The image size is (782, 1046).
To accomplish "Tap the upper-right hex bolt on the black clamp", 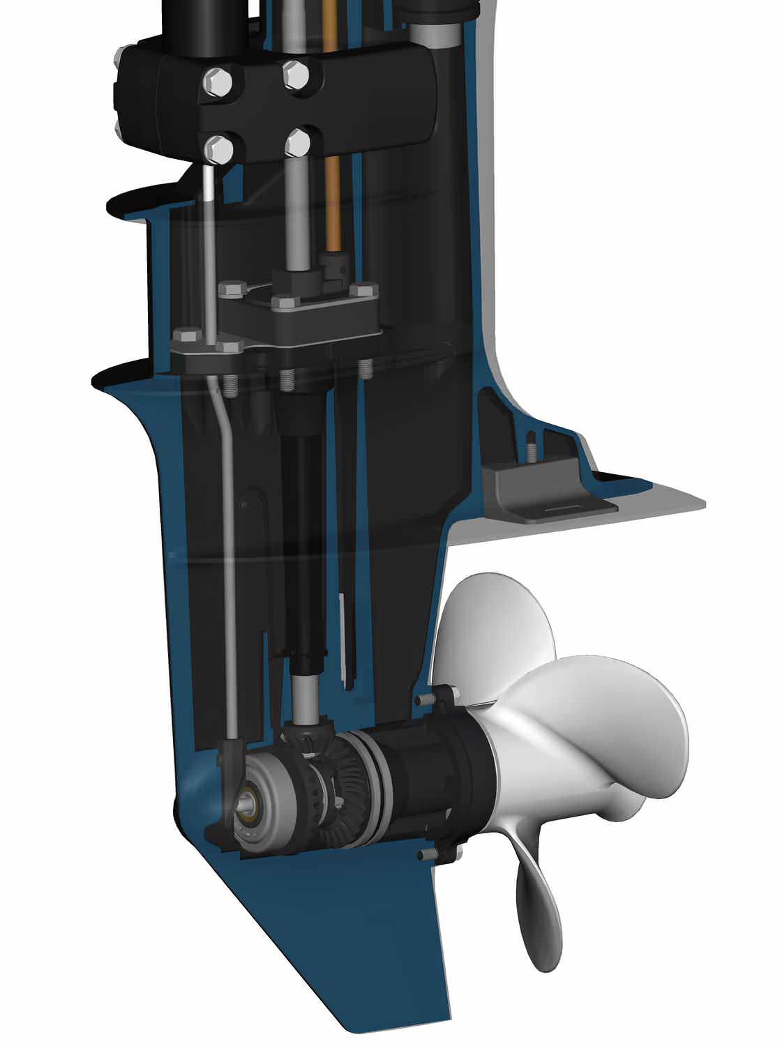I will [296, 75].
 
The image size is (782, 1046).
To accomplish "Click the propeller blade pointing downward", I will [539, 907].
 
